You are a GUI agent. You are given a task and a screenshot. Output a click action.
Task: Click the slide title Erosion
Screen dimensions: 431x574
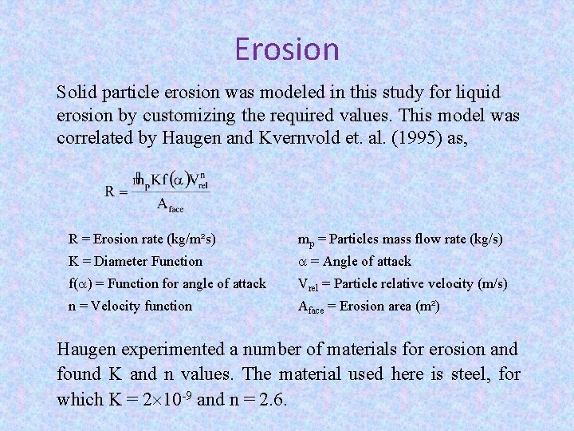click(x=287, y=49)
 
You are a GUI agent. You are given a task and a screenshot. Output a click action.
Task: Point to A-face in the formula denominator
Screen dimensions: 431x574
click(x=170, y=205)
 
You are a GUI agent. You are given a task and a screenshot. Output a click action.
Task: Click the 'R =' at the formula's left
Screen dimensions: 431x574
click(x=116, y=191)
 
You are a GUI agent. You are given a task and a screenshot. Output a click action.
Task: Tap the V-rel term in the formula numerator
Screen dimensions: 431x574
click(x=197, y=180)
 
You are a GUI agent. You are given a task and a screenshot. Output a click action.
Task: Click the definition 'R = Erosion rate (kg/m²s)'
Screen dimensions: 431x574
click(x=142, y=238)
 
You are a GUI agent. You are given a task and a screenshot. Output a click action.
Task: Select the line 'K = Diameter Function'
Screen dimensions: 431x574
click(x=136, y=261)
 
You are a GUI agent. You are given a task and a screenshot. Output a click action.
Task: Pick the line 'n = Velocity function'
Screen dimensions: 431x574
click(x=130, y=306)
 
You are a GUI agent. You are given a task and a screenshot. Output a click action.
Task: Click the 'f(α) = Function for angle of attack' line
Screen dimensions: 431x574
click(x=167, y=283)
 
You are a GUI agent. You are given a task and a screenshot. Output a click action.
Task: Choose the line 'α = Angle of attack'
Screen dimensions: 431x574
click(x=354, y=261)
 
